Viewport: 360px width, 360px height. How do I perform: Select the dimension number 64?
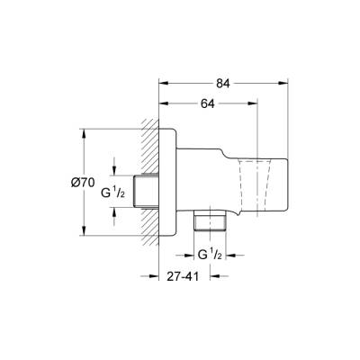(208, 104)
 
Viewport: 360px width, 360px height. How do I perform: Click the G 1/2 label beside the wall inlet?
(112, 192)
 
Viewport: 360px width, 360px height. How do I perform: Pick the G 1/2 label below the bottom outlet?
(209, 255)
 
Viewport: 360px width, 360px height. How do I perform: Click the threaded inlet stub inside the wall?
(145, 190)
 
